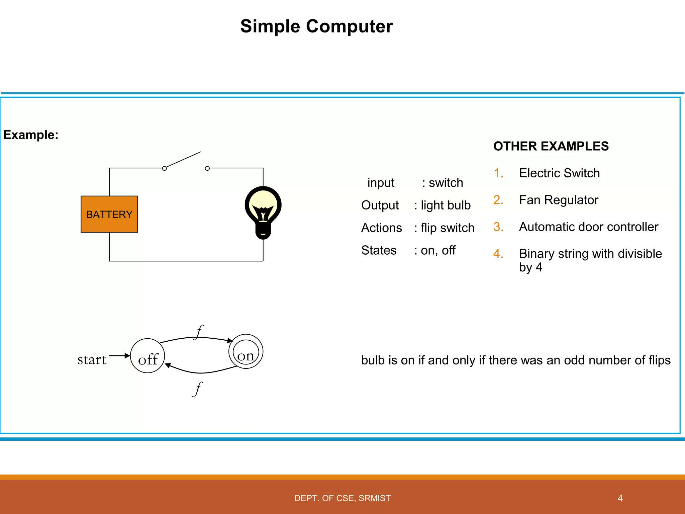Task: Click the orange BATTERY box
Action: (109, 214)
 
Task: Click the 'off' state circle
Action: (148, 356)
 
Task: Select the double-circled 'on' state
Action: (246, 352)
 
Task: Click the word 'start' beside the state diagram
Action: (92, 360)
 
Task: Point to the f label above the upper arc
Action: (199, 332)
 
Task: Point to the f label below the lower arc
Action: (198, 389)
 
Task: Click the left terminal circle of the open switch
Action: (164, 168)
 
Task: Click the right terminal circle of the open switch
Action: (207, 168)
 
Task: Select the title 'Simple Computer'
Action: (316, 26)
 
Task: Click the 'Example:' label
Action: (31, 135)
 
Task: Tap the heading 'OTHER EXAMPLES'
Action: (551, 146)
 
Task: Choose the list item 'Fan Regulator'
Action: (558, 200)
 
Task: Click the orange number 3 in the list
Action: (498, 227)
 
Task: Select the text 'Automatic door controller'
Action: (588, 227)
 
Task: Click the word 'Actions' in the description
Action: (381, 228)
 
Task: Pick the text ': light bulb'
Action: (442, 205)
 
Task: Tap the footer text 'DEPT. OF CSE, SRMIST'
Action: (342, 498)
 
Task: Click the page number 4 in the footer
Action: (620, 498)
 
